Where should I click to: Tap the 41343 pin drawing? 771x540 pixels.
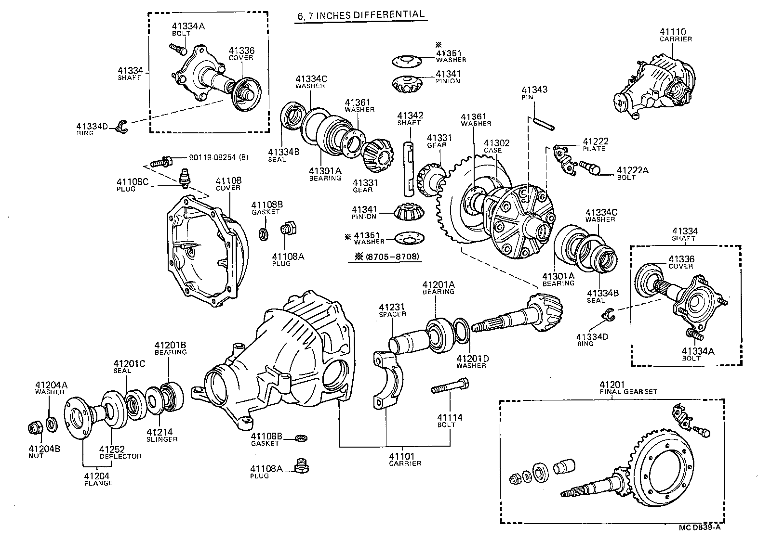coord(544,123)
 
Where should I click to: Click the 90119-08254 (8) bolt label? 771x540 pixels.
coord(212,157)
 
